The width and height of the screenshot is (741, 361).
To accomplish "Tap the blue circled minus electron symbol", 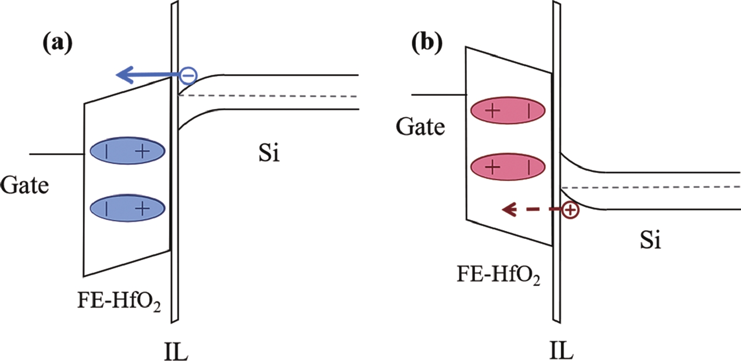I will [x=188, y=75].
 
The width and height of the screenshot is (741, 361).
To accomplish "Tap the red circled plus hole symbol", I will [x=570, y=210].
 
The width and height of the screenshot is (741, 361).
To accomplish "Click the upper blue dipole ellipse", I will [x=127, y=151].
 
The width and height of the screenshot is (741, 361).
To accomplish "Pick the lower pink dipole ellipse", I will [x=508, y=167].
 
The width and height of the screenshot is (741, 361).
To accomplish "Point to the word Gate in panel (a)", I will [x=24, y=185].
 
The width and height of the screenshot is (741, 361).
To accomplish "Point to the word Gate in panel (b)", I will [x=420, y=126].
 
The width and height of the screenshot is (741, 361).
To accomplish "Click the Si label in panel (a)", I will [x=269, y=154].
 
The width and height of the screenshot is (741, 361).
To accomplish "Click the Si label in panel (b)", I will [x=651, y=240].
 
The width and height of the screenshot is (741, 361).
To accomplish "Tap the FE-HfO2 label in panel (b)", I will [x=498, y=275].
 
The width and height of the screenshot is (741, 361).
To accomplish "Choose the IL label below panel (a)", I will [x=175, y=351].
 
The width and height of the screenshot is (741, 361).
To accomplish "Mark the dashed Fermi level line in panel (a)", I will [x=268, y=96].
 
